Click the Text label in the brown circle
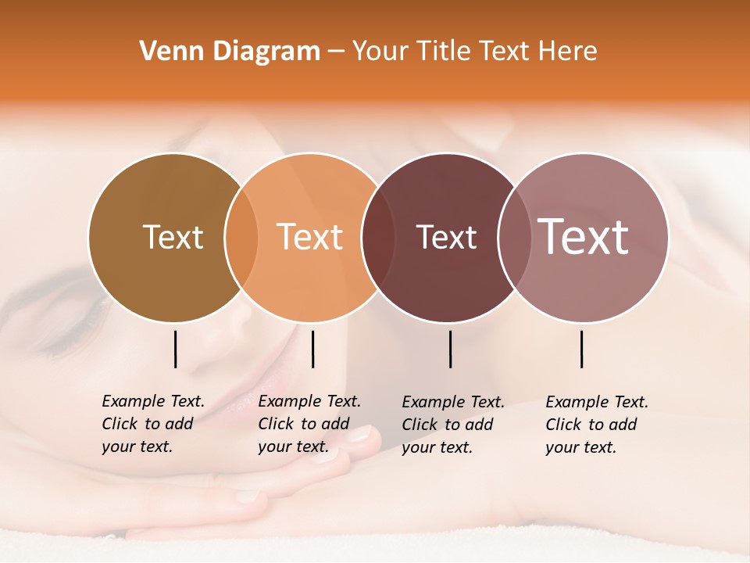(173, 237)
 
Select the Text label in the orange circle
(309, 237)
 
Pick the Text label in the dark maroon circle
(446, 237)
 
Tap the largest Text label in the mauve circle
(583, 237)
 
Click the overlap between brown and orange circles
(241, 237)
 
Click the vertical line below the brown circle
(176, 349)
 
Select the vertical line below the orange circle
(312, 349)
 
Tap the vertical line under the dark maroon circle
(451, 349)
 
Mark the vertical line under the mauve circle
(582, 349)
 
